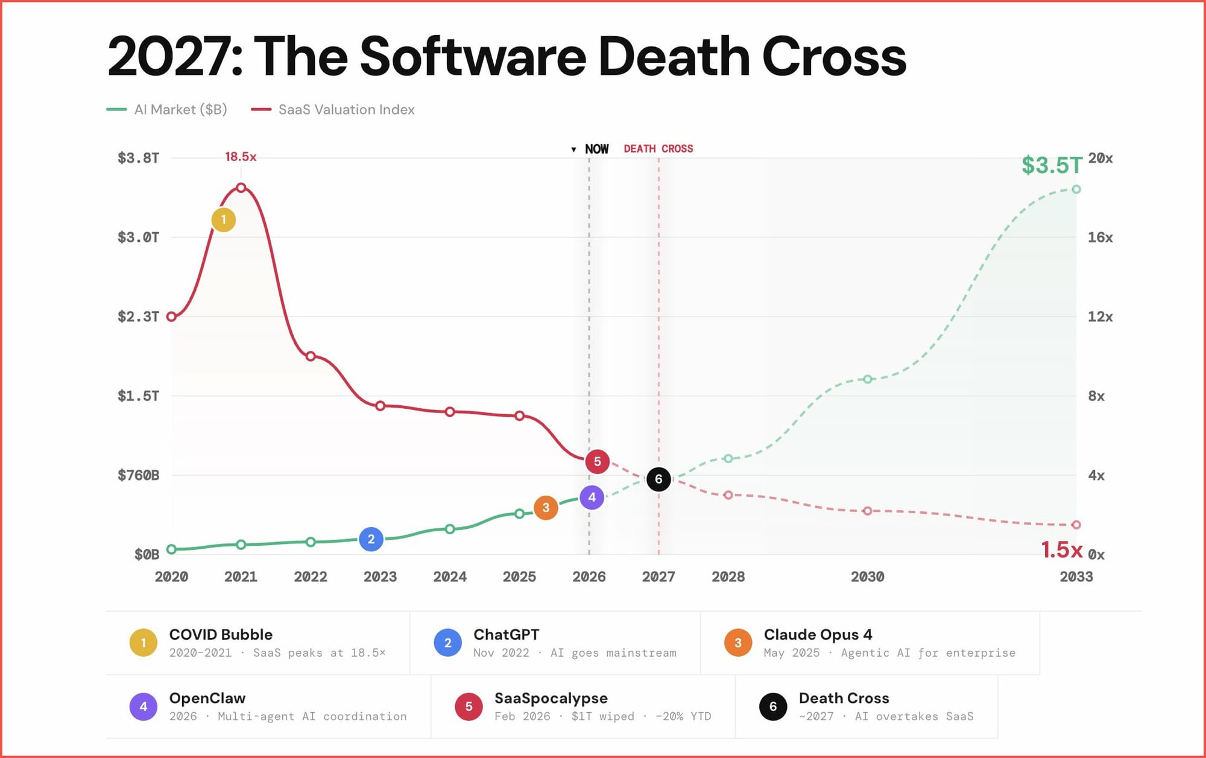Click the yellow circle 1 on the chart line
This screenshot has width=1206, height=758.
[223, 220]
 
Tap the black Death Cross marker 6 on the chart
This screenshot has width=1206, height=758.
[658, 479]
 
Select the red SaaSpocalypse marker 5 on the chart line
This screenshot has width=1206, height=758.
[597, 461]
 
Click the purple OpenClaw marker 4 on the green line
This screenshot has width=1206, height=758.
[592, 497]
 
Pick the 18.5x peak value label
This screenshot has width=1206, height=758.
[241, 157]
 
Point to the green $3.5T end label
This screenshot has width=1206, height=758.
[1052, 165]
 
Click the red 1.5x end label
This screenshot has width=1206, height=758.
[1062, 549]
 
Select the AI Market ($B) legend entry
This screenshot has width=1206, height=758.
[180, 110]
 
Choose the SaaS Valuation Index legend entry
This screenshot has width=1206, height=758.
[346, 110]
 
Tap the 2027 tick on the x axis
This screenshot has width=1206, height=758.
[658, 576]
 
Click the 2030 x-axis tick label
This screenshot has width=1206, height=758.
[867, 576]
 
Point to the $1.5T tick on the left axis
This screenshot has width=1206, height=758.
[139, 396]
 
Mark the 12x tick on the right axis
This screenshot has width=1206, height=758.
[1100, 317]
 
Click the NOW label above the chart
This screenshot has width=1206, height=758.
[596, 149]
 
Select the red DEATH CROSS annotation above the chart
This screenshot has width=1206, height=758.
[658, 149]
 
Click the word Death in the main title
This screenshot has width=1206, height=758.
[673, 57]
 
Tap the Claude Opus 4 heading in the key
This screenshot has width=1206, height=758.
[818, 634]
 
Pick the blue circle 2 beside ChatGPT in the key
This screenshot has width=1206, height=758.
[447, 643]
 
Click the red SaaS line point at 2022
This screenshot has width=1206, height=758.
[311, 356]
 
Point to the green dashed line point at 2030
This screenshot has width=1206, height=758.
[867, 379]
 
